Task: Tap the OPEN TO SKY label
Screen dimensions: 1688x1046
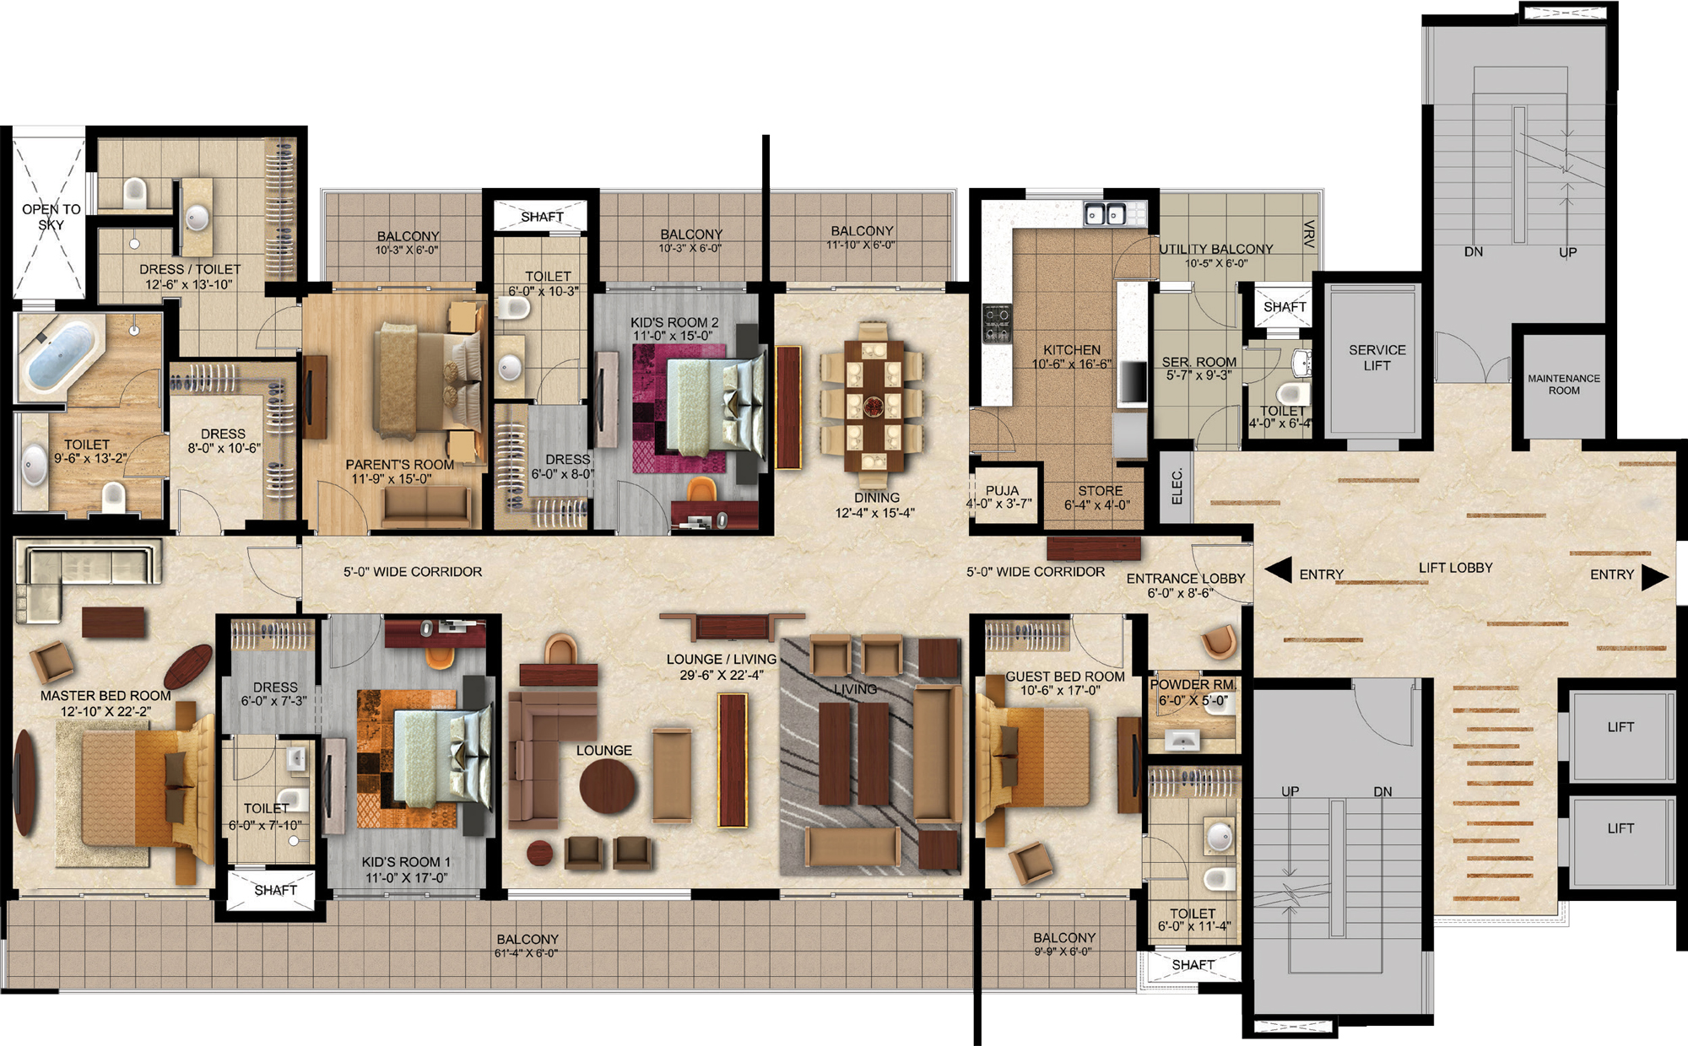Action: tap(51, 217)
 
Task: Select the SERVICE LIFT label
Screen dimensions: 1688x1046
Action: tap(1377, 358)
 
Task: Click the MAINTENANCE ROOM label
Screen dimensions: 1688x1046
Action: tap(1564, 385)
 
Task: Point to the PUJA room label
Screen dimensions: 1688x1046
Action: tap(1002, 490)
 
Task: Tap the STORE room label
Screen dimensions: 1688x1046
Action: tap(1101, 491)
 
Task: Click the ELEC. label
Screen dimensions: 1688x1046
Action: tap(1177, 487)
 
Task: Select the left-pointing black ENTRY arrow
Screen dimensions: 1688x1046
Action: tap(1278, 570)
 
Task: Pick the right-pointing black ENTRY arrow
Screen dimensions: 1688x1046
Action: tap(1655, 576)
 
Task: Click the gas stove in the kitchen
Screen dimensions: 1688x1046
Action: tap(997, 324)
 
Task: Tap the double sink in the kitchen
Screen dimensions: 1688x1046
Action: tap(1105, 215)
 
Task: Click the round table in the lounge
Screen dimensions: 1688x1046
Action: tap(607, 786)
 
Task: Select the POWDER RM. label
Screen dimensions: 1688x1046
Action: tap(1193, 684)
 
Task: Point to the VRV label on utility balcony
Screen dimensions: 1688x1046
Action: tap(1308, 234)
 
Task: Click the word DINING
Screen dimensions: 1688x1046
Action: tap(876, 498)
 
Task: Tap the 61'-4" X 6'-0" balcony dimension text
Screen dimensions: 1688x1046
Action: tap(526, 954)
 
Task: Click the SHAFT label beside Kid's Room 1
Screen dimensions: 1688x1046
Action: tap(275, 890)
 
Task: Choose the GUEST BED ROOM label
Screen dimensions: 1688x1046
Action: tap(1065, 677)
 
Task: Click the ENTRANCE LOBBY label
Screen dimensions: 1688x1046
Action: tap(1186, 579)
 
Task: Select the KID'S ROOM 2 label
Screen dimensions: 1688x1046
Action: tap(674, 322)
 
